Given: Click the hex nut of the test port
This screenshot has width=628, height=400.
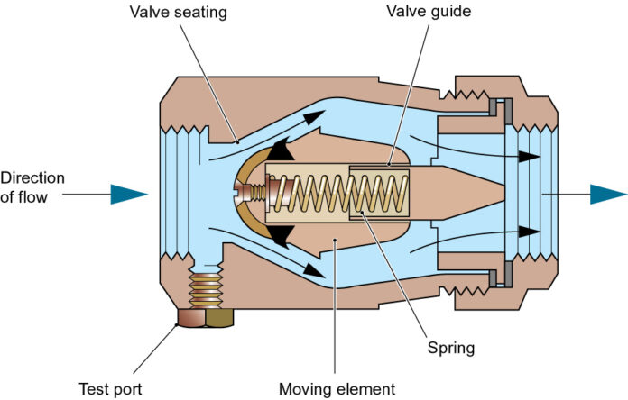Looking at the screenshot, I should coord(207,317).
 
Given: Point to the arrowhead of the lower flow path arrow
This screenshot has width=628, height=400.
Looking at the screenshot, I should coord(315,268).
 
